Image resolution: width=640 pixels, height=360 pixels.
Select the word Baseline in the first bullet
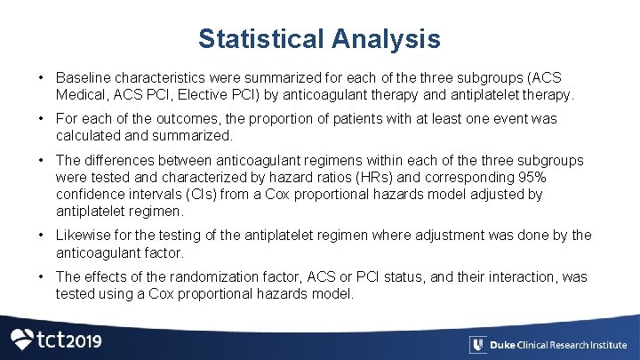(x=84, y=78)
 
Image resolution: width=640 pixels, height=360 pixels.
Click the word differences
(x=121, y=161)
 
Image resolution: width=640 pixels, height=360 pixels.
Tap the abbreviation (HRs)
(x=375, y=177)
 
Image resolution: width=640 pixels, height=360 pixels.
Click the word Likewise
(x=85, y=236)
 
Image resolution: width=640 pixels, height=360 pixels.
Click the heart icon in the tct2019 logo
(x=21, y=340)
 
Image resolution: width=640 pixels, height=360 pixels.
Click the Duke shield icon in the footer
(x=477, y=345)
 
